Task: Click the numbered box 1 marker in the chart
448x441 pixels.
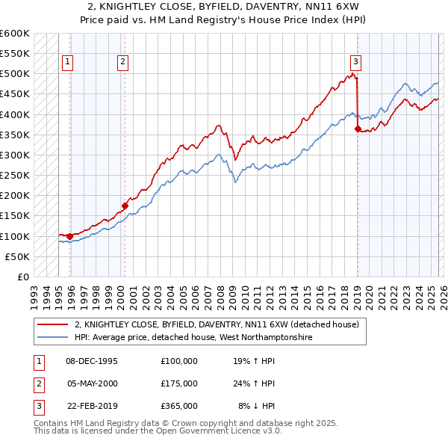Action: pyautogui.click(x=68, y=62)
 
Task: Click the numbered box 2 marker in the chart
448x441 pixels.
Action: pyautogui.click(x=122, y=62)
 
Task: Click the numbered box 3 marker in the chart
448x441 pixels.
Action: pyautogui.click(x=356, y=62)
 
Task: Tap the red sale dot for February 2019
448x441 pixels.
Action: pyautogui.click(x=358, y=129)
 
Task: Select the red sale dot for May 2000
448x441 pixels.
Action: pyautogui.click(x=125, y=206)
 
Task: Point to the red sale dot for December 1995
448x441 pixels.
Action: pyautogui.click(x=70, y=236)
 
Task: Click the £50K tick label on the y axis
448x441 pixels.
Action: pyautogui.click(x=18, y=256)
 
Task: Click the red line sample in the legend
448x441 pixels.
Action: pyautogui.click(x=52, y=324)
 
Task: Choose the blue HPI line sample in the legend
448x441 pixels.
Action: pyautogui.click(x=52, y=338)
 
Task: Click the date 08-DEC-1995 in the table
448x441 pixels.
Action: pyautogui.click(x=92, y=360)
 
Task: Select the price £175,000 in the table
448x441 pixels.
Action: pyautogui.click(x=179, y=383)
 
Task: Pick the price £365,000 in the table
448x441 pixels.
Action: pyautogui.click(x=179, y=407)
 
